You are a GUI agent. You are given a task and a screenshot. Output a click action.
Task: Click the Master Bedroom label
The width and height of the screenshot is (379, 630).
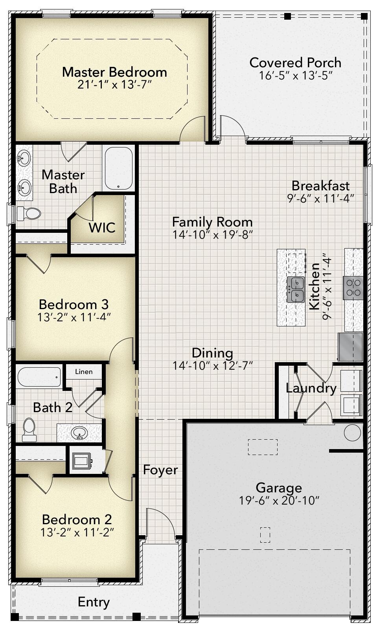pos(114,72)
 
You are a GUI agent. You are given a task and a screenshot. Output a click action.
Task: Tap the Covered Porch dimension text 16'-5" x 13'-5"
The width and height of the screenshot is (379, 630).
pos(296,76)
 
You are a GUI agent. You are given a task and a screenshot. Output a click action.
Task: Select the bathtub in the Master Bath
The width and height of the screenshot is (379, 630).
pos(118,169)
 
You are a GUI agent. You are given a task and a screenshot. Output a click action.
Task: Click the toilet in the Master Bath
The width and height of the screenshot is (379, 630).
pos(29,214)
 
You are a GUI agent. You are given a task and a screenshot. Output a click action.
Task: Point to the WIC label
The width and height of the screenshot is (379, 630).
pos(102,227)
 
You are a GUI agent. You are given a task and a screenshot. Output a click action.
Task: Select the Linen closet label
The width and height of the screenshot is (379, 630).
pos(84,372)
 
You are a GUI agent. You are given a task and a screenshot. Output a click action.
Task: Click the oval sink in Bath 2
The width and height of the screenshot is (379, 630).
pos(80,433)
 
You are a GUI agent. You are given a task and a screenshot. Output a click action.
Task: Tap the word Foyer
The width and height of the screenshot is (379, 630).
pos(160,470)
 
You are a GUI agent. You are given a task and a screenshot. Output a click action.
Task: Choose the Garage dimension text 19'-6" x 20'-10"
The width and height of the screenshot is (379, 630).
pos(279,501)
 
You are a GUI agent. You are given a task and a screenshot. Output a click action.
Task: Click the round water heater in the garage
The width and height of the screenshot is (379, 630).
pos(352,432)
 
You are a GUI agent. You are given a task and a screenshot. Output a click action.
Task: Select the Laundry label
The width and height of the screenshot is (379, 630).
pos(311,388)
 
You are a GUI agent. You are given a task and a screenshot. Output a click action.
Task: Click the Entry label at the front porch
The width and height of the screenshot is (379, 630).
pos(94,602)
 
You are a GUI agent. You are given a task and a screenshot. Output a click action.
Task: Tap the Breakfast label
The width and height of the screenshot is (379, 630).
pos(320,185)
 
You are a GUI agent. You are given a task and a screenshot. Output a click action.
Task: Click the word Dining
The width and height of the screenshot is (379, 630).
pos(212,353)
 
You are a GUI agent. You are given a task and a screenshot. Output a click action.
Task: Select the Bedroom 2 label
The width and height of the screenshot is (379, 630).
pos(77,519)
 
